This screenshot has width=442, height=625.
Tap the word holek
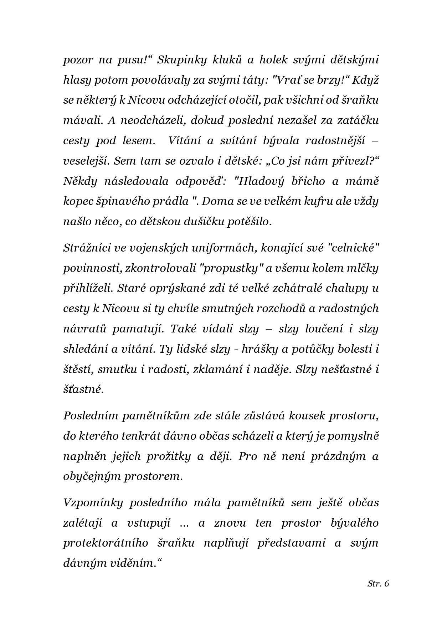(x=274, y=60)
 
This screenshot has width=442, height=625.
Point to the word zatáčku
(x=358, y=120)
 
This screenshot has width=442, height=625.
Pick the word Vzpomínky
(x=93, y=502)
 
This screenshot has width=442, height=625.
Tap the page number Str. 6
(x=378, y=584)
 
